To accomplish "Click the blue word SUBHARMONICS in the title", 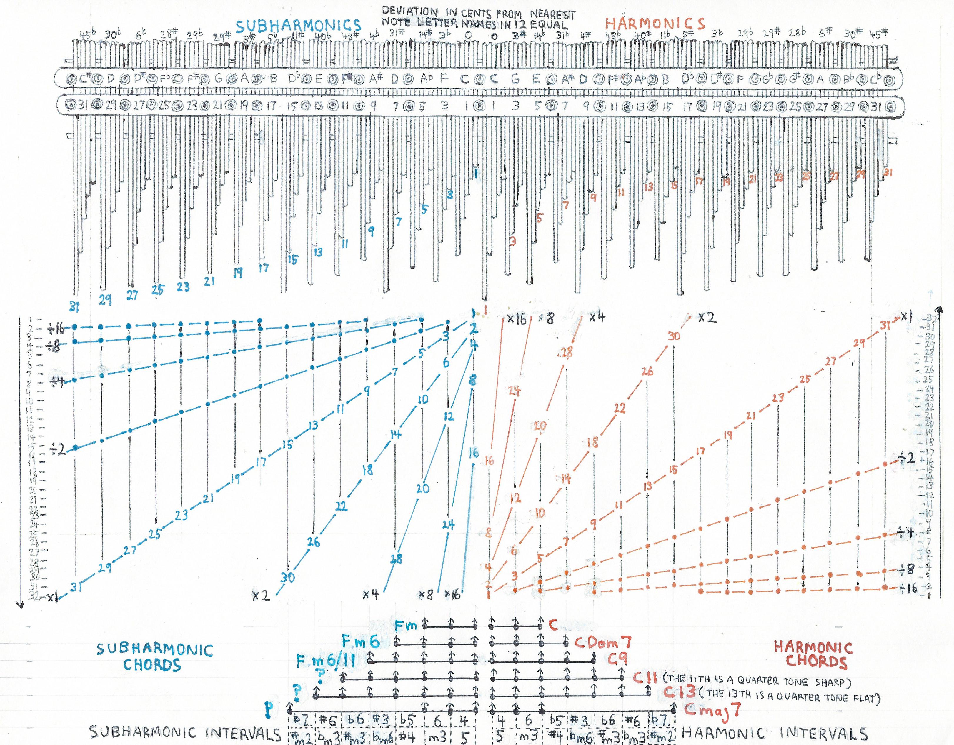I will (x=299, y=26).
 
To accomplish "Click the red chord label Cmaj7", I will (x=712, y=711).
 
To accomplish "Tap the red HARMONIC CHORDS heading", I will (x=813, y=654).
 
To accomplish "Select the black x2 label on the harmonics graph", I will (x=706, y=318).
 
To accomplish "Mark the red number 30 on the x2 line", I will (x=674, y=336).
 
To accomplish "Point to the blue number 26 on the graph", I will (x=314, y=542).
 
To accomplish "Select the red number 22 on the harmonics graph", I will (x=620, y=408).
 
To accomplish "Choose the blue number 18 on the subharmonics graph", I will (x=368, y=470).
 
